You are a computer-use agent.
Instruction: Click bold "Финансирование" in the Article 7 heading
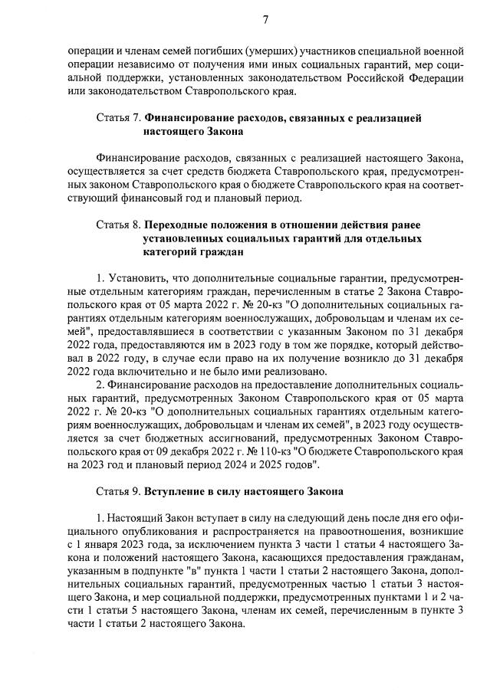[191, 119]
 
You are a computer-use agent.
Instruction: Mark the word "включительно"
[136, 372]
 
